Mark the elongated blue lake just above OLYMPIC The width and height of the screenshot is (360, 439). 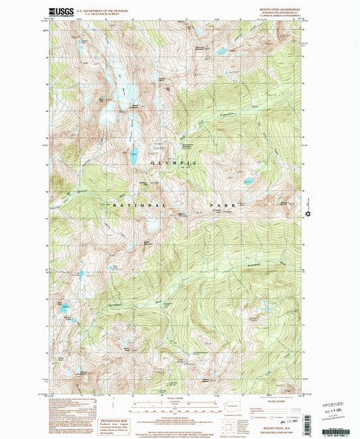[x=134, y=157]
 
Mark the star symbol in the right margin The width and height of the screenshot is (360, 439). [x=309, y=215]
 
